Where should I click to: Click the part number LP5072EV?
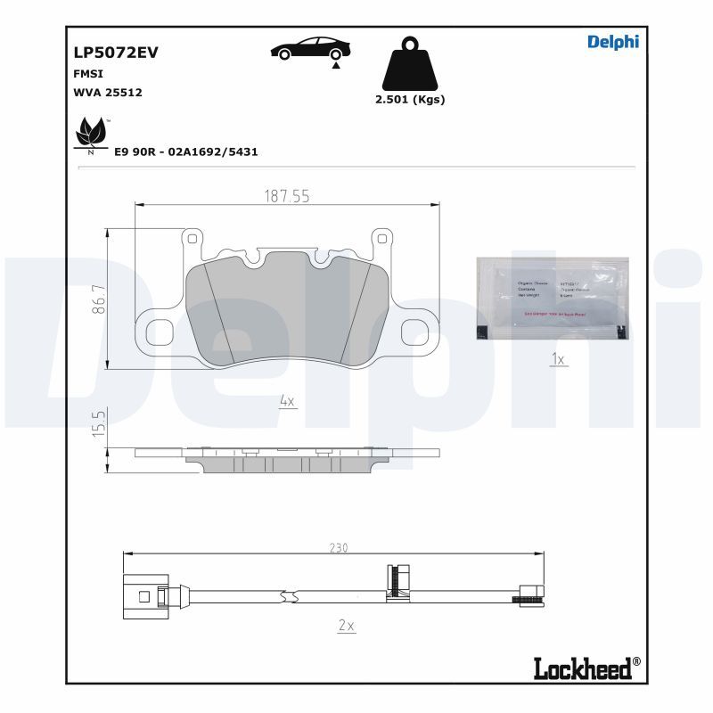[115, 52]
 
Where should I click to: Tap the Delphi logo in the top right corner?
[612, 42]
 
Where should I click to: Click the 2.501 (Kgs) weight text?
[410, 100]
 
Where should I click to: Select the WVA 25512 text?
[108, 92]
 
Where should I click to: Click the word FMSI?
[88, 74]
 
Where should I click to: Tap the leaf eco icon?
[90, 135]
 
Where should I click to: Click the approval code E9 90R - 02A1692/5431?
[186, 152]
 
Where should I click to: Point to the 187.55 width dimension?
[286, 197]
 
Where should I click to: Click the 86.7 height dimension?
[100, 298]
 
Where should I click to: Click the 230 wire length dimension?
[340, 547]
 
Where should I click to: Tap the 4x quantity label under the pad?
[286, 402]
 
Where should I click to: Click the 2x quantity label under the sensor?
[347, 627]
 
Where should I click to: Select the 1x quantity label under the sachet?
[559, 359]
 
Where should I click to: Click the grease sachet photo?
[552, 298]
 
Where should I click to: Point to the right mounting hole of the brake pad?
[416, 331]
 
